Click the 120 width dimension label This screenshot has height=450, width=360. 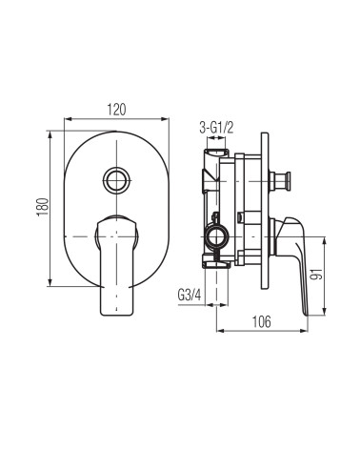116,110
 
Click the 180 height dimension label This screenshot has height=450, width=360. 43,207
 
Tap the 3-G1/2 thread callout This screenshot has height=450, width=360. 216,128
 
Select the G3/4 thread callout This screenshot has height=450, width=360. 190,295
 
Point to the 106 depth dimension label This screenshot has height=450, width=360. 262,321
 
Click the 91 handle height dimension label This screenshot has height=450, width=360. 316,274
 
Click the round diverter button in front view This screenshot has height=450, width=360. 117,180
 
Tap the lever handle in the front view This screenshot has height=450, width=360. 116,265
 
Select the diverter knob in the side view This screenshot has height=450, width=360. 280,181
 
